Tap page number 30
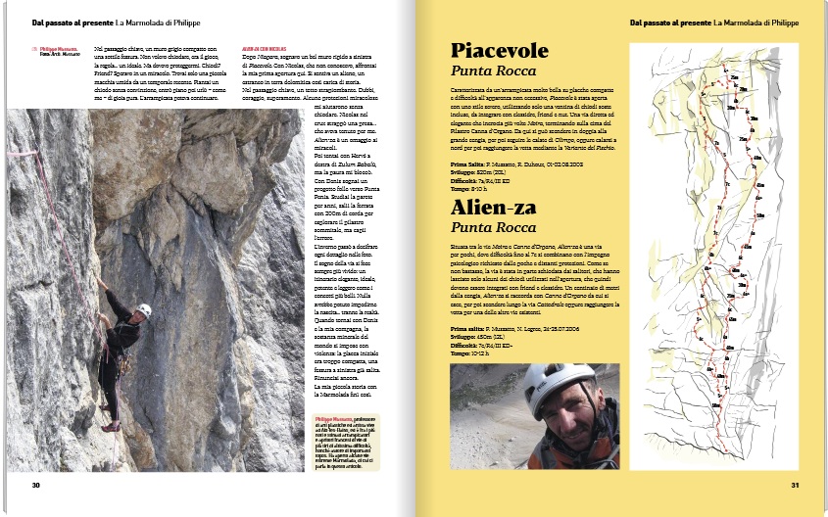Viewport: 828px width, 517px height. [x=35, y=485]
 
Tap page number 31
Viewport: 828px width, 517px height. [x=796, y=485]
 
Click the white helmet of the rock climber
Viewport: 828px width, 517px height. [x=144, y=310]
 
